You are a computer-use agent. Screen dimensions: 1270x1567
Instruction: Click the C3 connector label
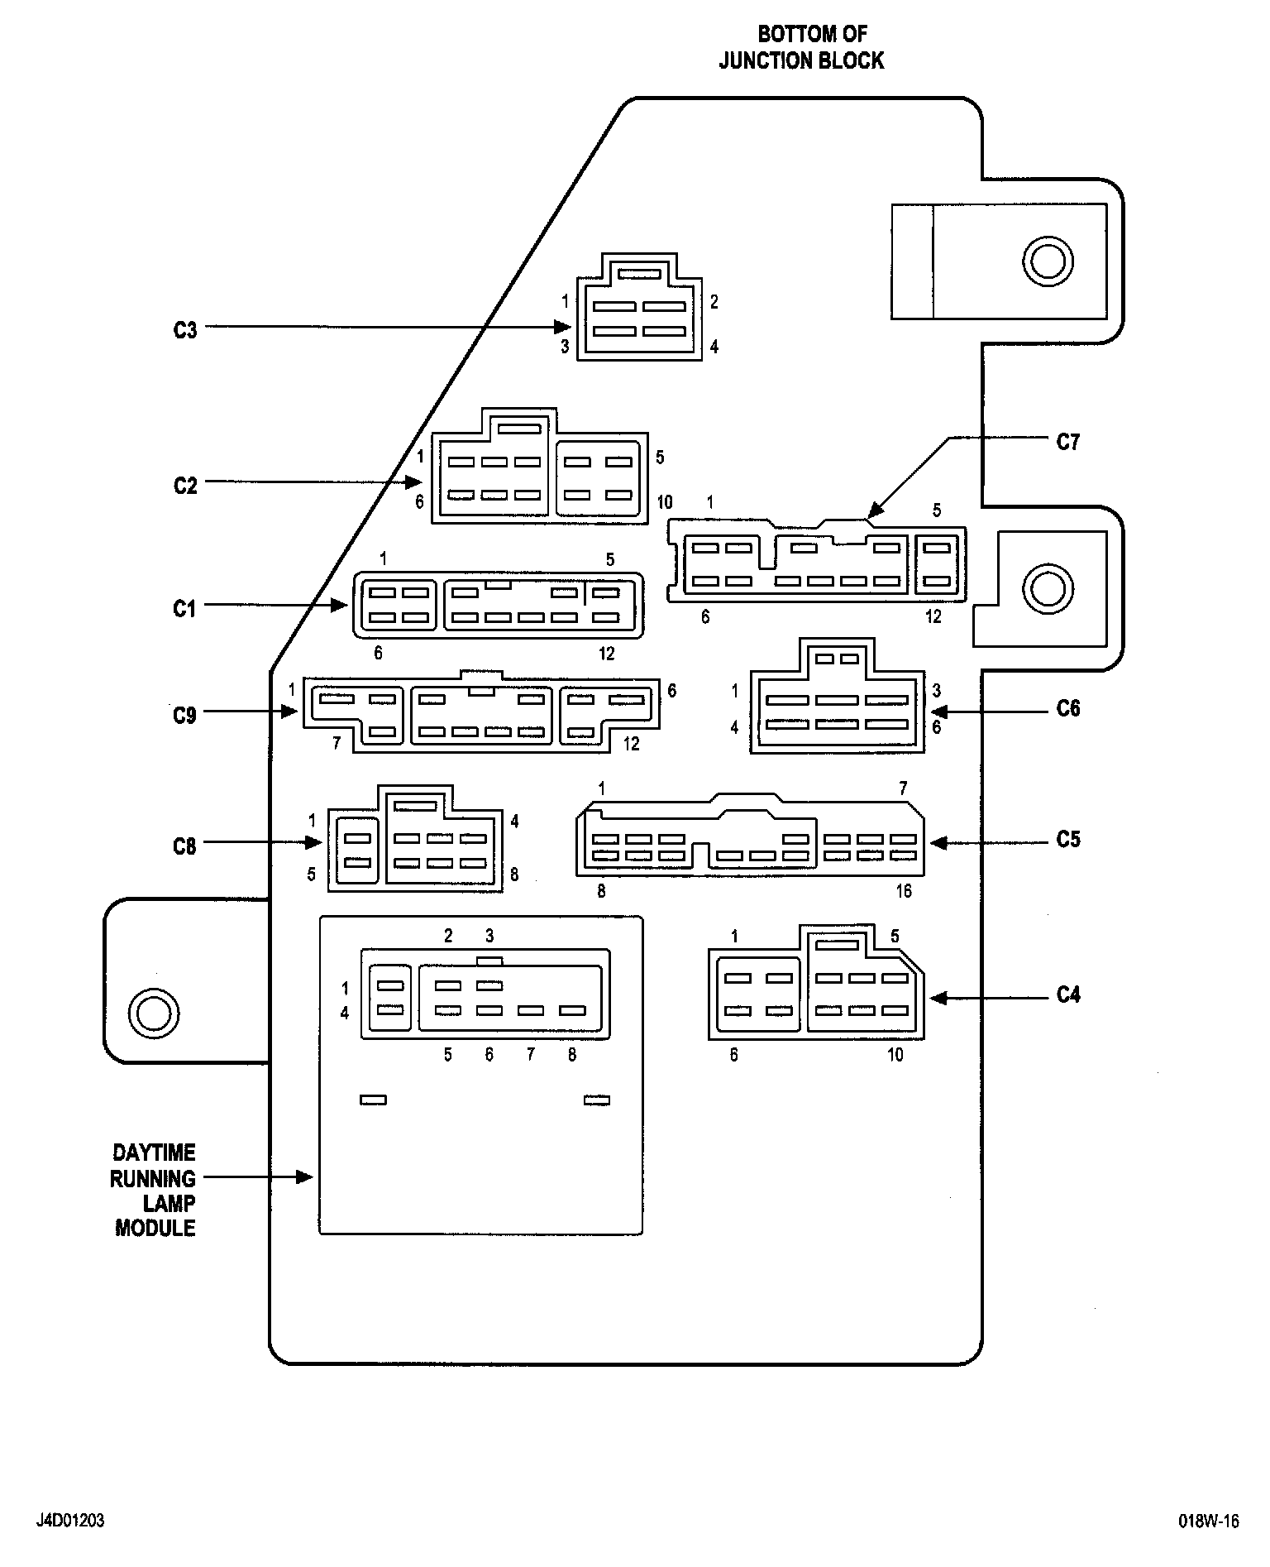[185, 330]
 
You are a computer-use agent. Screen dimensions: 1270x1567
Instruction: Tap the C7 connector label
[1068, 443]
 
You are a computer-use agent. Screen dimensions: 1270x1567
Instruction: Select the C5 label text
[1068, 840]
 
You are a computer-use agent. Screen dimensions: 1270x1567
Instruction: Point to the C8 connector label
[185, 846]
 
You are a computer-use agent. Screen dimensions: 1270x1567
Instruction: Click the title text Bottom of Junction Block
[801, 47]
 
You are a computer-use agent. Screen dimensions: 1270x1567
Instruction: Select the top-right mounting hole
[1048, 262]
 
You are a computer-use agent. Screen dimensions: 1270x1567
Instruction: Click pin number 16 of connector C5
[904, 891]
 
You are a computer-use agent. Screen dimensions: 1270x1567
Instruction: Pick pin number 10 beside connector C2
[665, 502]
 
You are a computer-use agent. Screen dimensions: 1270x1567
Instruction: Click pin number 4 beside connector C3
[714, 347]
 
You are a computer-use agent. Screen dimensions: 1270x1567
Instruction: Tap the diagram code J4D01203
[70, 1521]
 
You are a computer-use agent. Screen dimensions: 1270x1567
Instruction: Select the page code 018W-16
[1209, 1521]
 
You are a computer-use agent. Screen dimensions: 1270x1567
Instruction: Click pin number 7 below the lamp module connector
[530, 1054]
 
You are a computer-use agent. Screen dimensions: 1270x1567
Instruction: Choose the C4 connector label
[1068, 994]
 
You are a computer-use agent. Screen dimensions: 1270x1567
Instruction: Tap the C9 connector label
[185, 714]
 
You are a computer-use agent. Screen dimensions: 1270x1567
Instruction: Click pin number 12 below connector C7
[933, 616]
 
